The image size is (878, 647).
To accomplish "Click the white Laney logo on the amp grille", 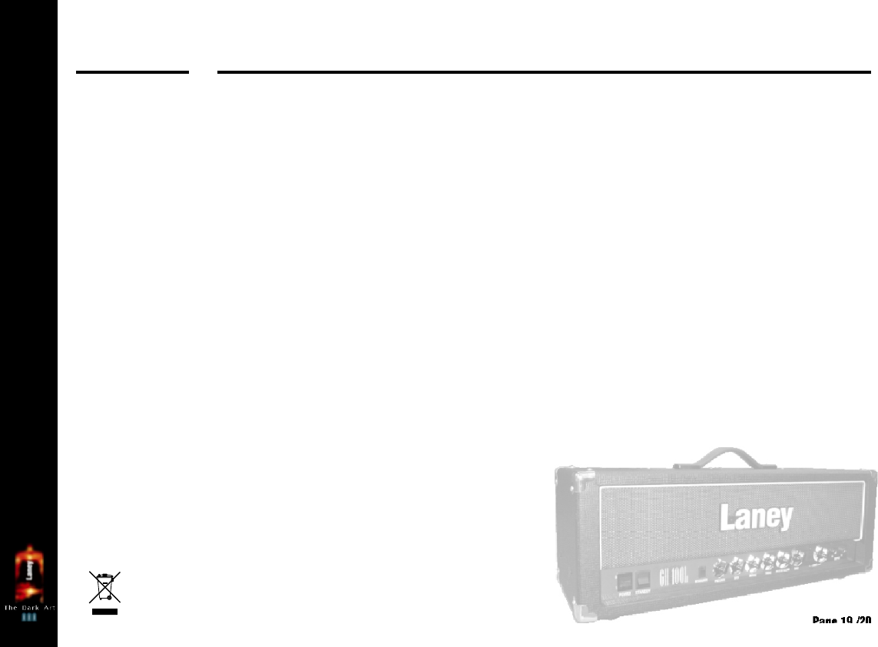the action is pos(755,517).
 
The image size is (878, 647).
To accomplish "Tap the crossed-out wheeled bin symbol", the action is pos(104,586).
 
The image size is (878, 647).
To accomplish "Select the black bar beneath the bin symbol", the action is pos(104,612).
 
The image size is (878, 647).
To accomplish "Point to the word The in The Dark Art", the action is pos(12,607).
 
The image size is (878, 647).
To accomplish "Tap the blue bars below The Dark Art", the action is pos(29,616).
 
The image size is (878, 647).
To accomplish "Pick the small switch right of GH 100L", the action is pos(701,573).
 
